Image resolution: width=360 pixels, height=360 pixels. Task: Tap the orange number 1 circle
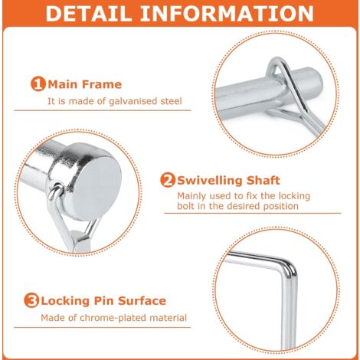click(38, 83)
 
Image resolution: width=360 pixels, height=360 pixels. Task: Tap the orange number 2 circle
click(167, 181)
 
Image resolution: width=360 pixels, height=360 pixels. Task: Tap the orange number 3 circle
click(32, 300)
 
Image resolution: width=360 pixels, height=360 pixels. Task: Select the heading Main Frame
click(83, 83)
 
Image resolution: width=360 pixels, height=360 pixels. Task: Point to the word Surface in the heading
click(142, 300)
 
